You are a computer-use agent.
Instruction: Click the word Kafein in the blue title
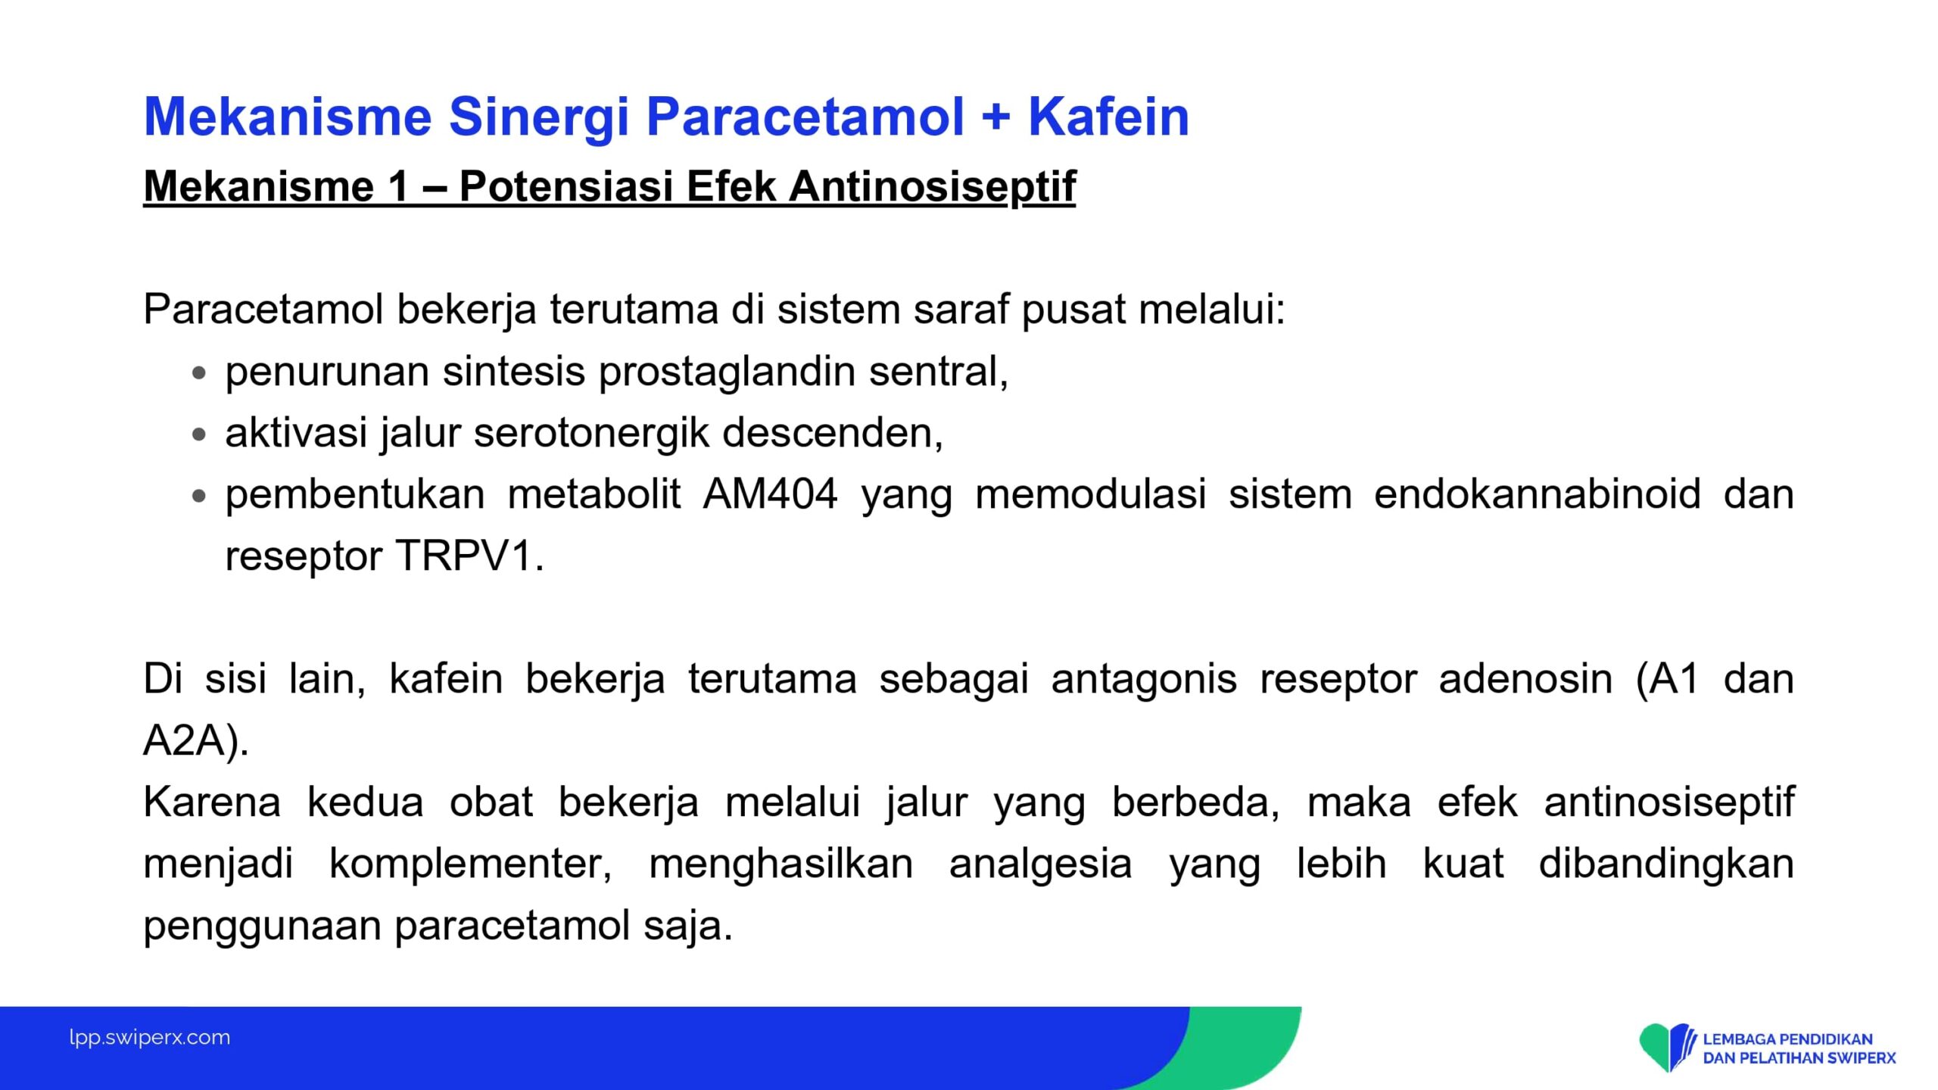(x=1108, y=117)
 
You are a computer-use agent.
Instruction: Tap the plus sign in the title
(x=995, y=118)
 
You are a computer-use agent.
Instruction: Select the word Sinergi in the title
(x=539, y=118)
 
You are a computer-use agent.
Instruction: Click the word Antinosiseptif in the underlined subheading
(x=932, y=186)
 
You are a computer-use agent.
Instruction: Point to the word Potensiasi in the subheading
(x=566, y=186)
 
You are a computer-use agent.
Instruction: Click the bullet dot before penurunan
(x=199, y=372)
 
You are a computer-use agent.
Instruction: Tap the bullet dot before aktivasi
(x=199, y=434)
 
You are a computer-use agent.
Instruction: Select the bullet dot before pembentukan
(x=199, y=496)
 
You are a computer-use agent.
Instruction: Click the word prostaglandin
(x=727, y=372)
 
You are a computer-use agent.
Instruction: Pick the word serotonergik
(x=591, y=434)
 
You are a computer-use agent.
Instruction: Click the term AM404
(x=770, y=494)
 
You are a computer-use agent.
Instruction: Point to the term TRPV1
(x=464, y=556)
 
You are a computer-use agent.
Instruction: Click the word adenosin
(x=1525, y=679)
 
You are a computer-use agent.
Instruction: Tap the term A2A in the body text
(x=184, y=740)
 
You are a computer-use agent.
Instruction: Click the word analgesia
(x=1040, y=864)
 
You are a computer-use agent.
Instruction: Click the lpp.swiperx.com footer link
(x=150, y=1037)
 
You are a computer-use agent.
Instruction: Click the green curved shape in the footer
(x=1249, y=1048)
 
